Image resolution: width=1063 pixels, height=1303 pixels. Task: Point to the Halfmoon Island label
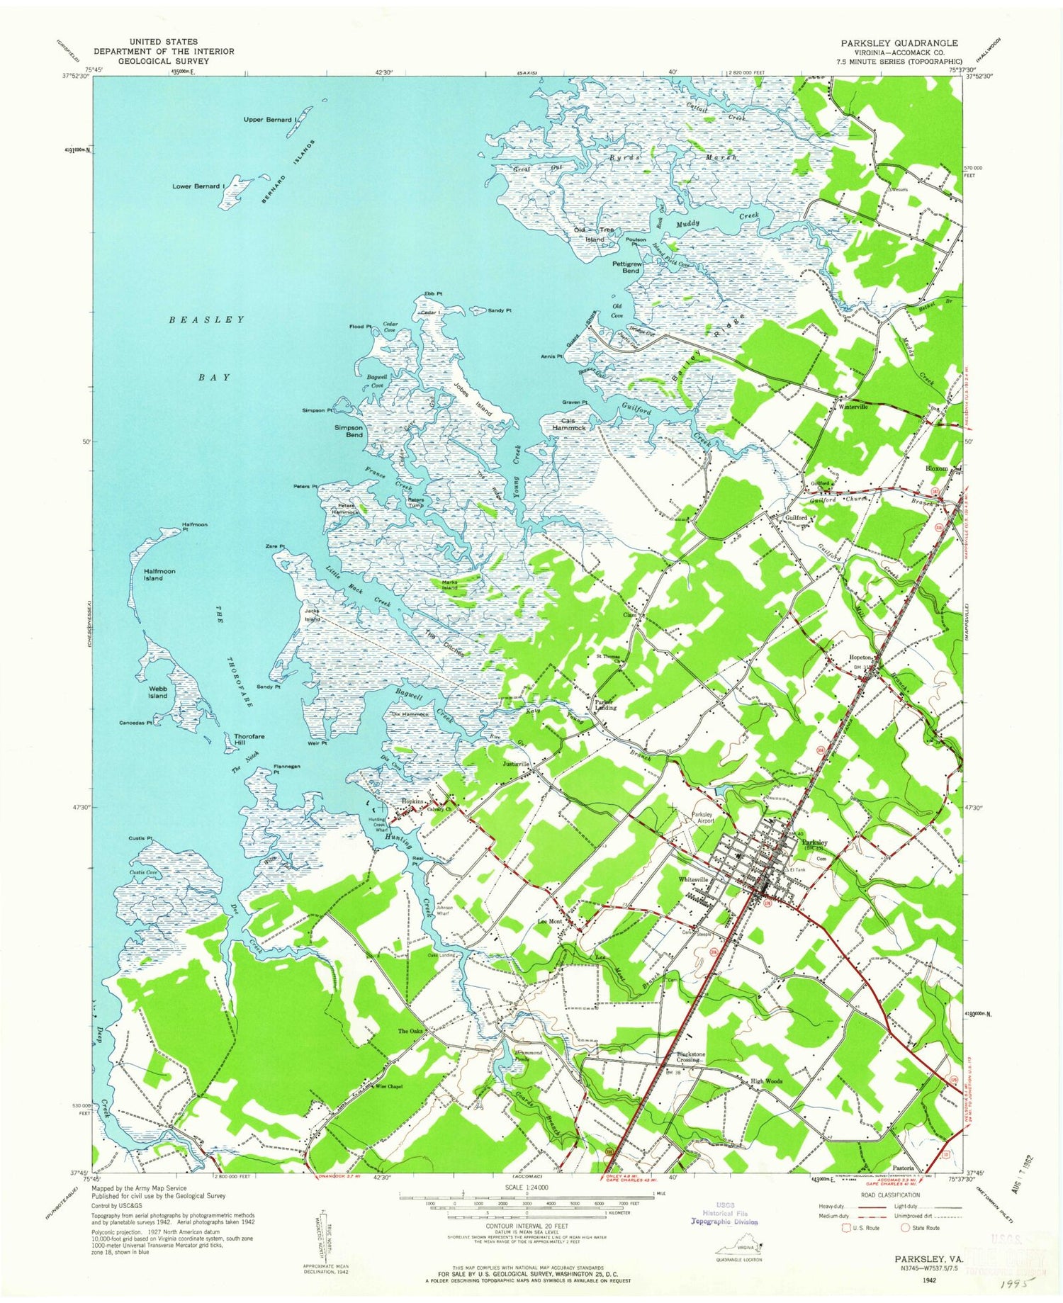pyautogui.click(x=159, y=575)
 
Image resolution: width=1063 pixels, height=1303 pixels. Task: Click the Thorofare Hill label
pyautogui.click(x=249, y=740)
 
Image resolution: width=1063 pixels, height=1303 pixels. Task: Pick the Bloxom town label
pyautogui.click(x=936, y=469)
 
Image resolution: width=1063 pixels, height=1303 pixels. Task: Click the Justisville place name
pyautogui.click(x=516, y=765)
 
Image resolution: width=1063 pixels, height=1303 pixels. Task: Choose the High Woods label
pyautogui.click(x=766, y=1081)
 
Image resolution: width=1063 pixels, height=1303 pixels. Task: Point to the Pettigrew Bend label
pyautogui.click(x=626, y=267)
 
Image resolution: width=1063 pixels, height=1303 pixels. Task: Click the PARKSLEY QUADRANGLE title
pyautogui.click(x=899, y=43)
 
